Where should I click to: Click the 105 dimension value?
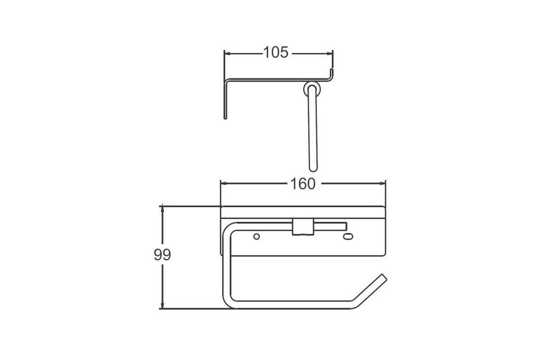tap(275, 52)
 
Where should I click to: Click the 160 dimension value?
tap(303, 184)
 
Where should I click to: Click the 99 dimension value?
tap(162, 255)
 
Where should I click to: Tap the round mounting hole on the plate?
tap(256, 236)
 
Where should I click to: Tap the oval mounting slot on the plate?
tap(348, 237)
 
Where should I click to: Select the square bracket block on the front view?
tap(303, 227)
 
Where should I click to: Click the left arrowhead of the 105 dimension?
tap(228, 54)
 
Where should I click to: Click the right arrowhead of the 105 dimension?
tap(329, 54)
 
